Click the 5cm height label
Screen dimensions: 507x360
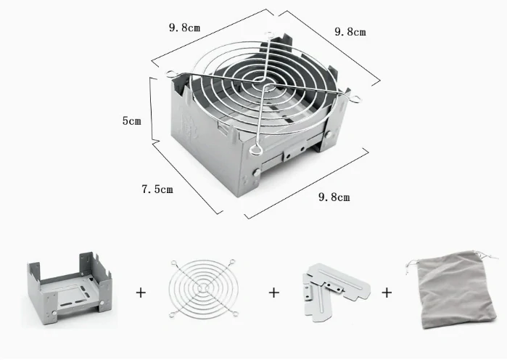(131, 120)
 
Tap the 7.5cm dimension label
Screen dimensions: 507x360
(157, 189)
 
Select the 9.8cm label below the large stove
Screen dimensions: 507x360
(334, 197)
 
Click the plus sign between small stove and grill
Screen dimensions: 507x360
(141, 292)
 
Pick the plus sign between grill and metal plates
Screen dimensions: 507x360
(274, 292)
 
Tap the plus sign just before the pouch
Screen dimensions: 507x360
(387, 292)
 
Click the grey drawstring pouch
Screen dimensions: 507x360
(456, 290)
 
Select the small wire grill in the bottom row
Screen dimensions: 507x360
(203, 288)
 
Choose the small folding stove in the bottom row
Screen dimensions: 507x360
(70, 287)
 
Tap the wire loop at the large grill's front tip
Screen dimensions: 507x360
(255, 149)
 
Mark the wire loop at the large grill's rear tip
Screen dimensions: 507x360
(269, 34)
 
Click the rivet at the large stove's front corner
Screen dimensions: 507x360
(257, 173)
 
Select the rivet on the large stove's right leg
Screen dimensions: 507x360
(329, 134)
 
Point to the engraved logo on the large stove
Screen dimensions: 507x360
(189, 127)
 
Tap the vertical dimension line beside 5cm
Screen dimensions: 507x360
(152, 110)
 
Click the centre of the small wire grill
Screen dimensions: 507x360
(203, 288)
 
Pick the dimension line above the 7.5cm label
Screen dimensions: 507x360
(188, 179)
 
